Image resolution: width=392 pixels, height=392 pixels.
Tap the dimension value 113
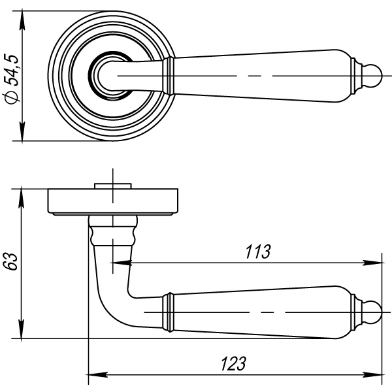[x=258, y=252]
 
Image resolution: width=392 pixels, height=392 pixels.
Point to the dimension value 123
[x=233, y=363]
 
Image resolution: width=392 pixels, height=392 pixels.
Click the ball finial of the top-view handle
[x=373, y=76]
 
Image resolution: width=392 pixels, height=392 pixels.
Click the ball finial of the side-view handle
[x=373, y=312]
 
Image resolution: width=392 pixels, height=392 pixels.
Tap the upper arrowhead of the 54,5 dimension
[x=22, y=20]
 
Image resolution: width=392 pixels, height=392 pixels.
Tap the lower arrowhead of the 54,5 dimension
[x=22, y=131]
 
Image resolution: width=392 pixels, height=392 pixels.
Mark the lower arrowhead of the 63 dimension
[x=22, y=329]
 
